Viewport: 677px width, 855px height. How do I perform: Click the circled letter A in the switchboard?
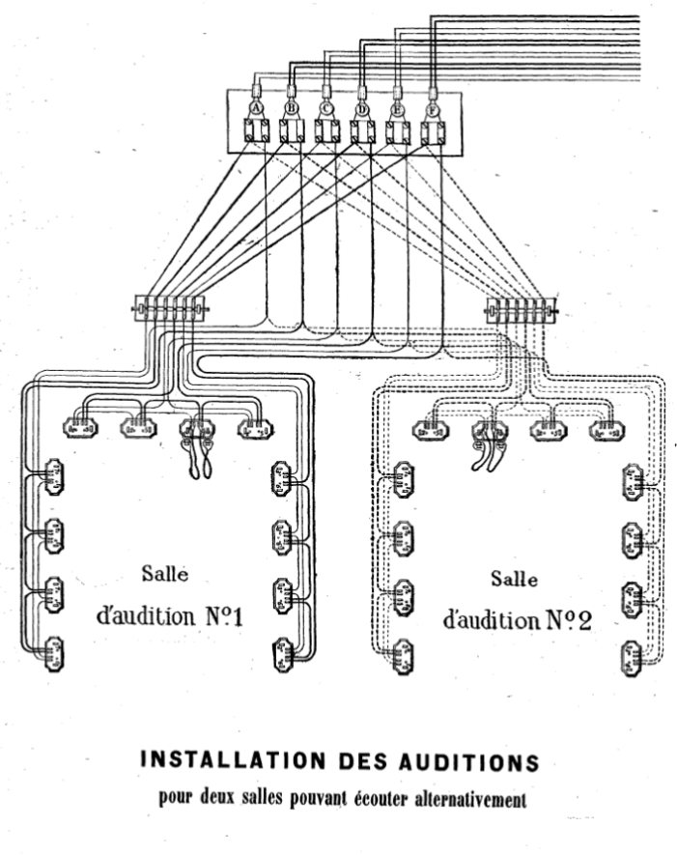click(x=256, y=108)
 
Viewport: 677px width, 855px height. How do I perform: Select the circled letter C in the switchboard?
click(x=326, y=108)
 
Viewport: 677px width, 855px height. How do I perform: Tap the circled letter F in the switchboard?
click(x=431, y=108)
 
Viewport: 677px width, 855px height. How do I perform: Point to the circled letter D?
click(x=361, y=108)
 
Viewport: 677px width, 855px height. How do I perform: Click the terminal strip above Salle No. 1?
click(x=169, y=309)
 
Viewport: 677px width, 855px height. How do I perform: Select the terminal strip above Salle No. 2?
click(x=521, y=310)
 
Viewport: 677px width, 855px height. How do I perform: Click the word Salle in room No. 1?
click(x=164, y=574)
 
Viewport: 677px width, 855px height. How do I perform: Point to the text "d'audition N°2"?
click(x=516, y=619)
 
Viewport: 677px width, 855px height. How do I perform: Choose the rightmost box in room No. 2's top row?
click(x=605, y=425)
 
